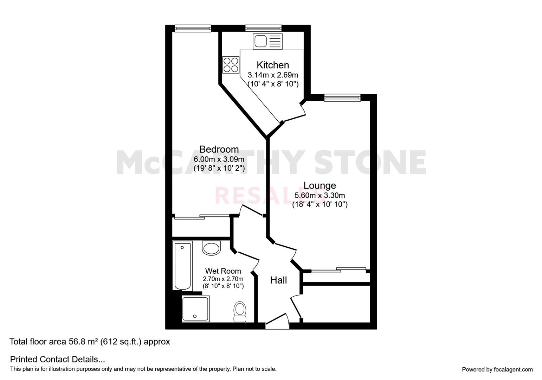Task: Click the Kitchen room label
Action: [x=273, y=65]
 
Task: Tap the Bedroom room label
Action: [x=219, y=149]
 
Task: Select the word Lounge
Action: [x=320, y=185]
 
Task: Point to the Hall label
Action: [x=278, y=280]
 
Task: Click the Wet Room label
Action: [x=223, y=271]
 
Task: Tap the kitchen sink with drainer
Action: [x=267, y=42]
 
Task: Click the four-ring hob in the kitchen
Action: [x=231, y=65]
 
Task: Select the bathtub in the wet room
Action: [x=182, y=266]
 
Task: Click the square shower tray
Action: [x=195, y=309]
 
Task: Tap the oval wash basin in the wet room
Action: [x=211, y=248]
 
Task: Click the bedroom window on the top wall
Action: [x=193, y=28]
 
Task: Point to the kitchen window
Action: [x=264, y=28]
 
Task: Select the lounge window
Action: [x=342, y=97]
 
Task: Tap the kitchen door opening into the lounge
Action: [x=293, y=112]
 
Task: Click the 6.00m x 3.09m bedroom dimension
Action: [x=219, y=159]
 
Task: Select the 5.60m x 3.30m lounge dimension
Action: [x=320, y=195]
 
